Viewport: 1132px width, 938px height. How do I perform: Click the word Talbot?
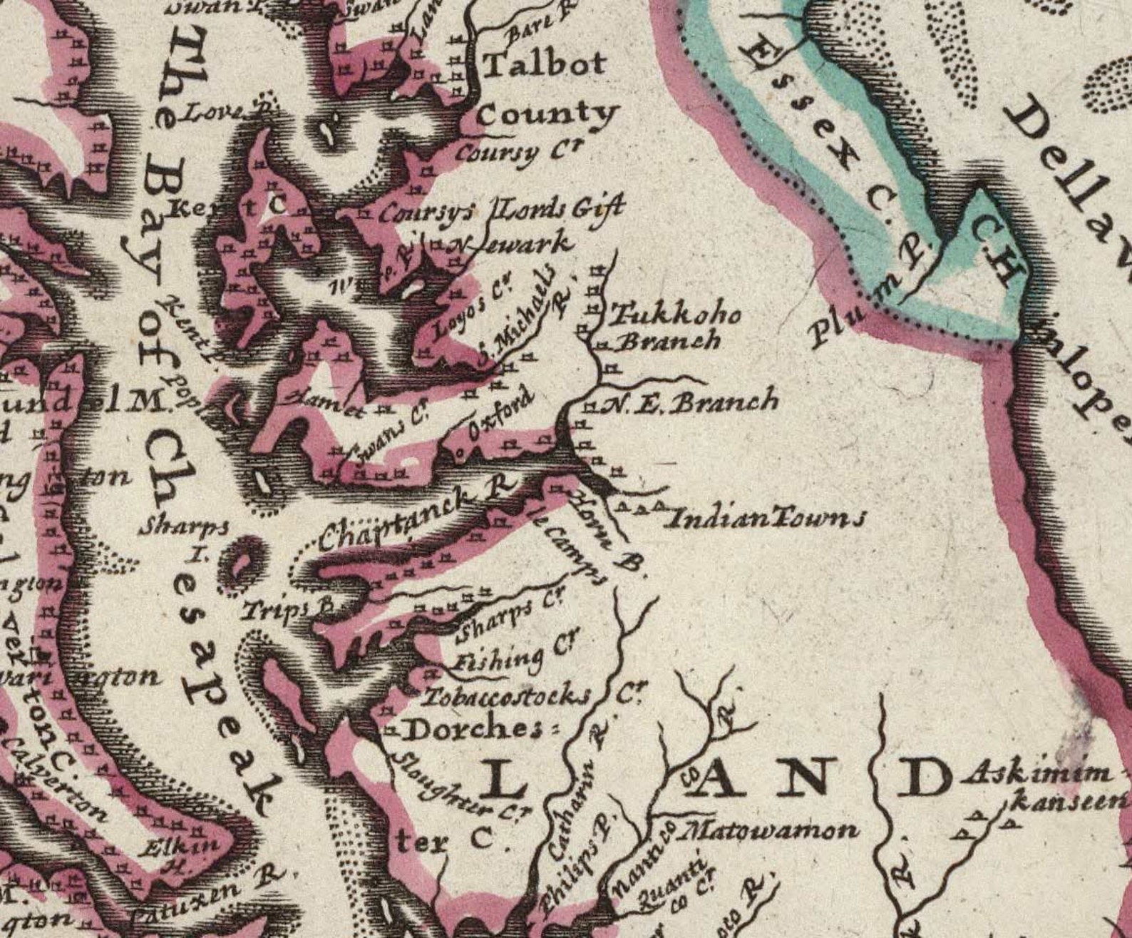pos(545,64)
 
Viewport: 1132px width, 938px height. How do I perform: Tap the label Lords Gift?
pos(560,209)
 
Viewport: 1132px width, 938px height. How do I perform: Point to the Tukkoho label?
pos(674,315)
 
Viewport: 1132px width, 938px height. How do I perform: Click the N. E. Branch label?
pos(691,404)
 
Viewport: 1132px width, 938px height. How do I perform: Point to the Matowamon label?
pos(770,830)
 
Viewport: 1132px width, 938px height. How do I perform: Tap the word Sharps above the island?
pos(184,527)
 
